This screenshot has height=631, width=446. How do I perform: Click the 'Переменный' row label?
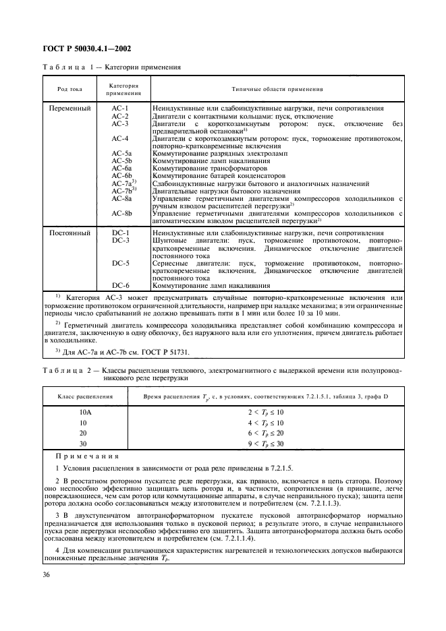coord(69,109)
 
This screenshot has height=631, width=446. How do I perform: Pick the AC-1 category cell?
coord(120,109)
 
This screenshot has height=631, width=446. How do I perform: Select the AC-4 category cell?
coord(120,139)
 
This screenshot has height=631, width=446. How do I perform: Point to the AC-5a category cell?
coord(121,154)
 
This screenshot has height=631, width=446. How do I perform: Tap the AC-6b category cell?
coord(121,176)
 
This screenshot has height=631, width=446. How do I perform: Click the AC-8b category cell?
coord(121,214)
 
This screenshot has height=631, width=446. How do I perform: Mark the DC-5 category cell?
coord(120,263)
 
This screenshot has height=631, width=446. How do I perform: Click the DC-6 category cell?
coord(120,285)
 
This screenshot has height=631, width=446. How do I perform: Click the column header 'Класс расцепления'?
coord(84,397)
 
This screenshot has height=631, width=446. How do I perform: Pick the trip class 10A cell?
coord(85,411)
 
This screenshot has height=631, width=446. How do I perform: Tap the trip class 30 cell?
coord(85,444)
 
